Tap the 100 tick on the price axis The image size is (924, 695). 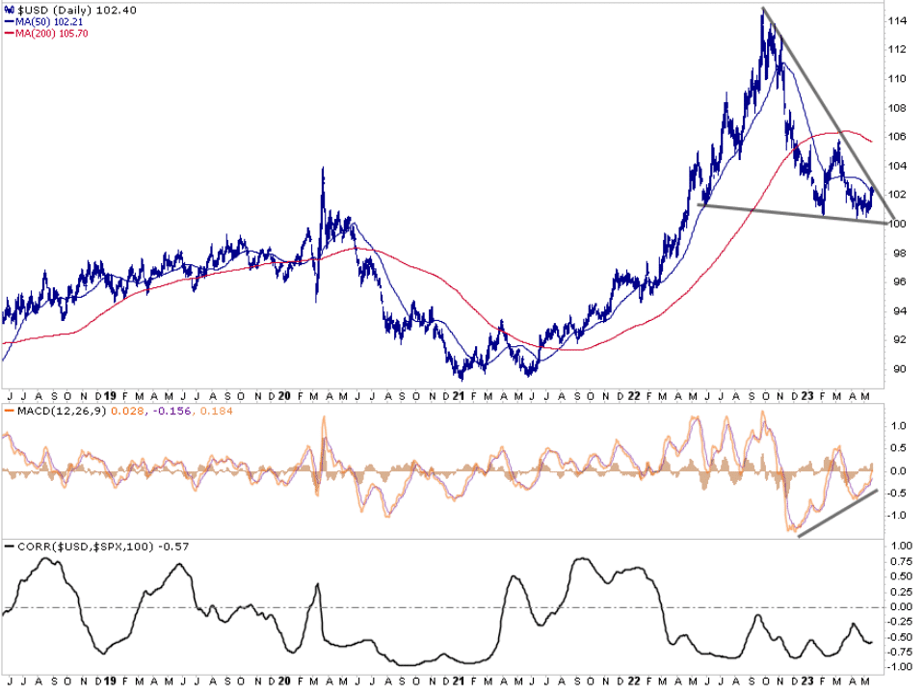[899, 224]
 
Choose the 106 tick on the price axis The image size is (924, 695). [899, 136]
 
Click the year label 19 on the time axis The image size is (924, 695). [110, 395]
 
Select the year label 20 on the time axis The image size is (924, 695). [286, 395]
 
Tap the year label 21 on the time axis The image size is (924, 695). [461, 395]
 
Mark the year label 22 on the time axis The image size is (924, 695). [635, 395]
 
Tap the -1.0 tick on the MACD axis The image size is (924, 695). [898, 515]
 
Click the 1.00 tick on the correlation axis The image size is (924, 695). [900, 547]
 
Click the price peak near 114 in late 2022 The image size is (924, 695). [764, 12]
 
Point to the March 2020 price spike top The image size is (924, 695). [322, 169]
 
